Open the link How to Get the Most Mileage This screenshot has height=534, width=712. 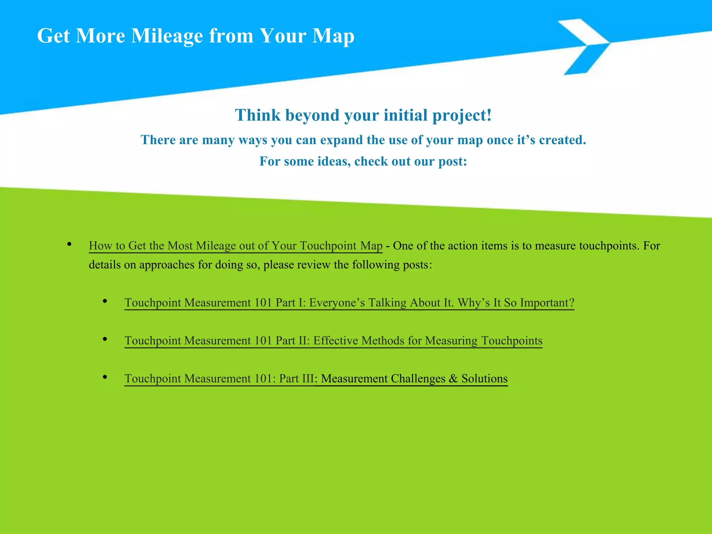click(235, 246)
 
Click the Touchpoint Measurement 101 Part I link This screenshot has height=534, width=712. click(349, 302)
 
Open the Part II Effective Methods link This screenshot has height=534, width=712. click(333, 340)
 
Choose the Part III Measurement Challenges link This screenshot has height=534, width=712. click(316, 378)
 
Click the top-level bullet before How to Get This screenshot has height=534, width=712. click(69, 244)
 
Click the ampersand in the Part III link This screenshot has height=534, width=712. click(453, 378)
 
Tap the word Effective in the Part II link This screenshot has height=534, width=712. click(335, 340)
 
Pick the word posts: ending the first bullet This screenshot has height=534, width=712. click(417, 265)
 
